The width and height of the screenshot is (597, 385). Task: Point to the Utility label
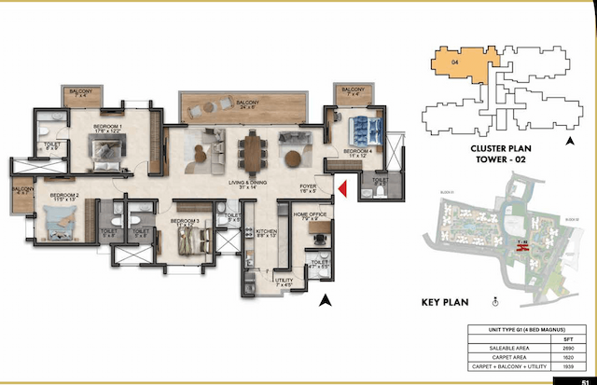(283, 281)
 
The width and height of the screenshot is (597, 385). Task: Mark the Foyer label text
(308, 186)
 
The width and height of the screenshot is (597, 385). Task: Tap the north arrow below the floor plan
(325, 299)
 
